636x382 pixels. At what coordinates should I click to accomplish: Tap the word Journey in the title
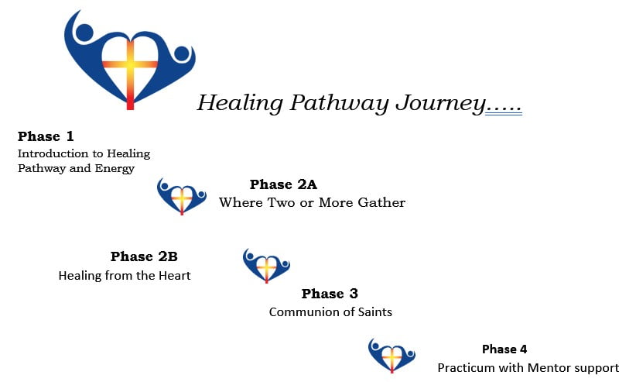coord(440,103)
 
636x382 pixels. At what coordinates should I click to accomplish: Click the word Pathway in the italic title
coord(339,103)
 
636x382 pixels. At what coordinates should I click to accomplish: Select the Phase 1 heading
coord(46,136)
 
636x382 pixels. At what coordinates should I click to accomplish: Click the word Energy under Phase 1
coord(115,169)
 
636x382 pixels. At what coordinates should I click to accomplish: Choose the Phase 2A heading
coord(283,184)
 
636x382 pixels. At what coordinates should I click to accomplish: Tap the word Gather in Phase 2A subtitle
coord(381,202)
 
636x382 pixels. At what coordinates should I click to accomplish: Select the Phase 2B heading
coord(144,256)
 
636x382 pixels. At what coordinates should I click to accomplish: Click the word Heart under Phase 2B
coord(174,276)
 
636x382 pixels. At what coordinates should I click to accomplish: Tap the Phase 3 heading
coord(330,294)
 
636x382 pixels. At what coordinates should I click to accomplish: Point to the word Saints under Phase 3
coord(374,312)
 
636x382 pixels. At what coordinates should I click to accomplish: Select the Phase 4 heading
coord(504,349)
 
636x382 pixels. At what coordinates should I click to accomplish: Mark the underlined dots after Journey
coord(504,110)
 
